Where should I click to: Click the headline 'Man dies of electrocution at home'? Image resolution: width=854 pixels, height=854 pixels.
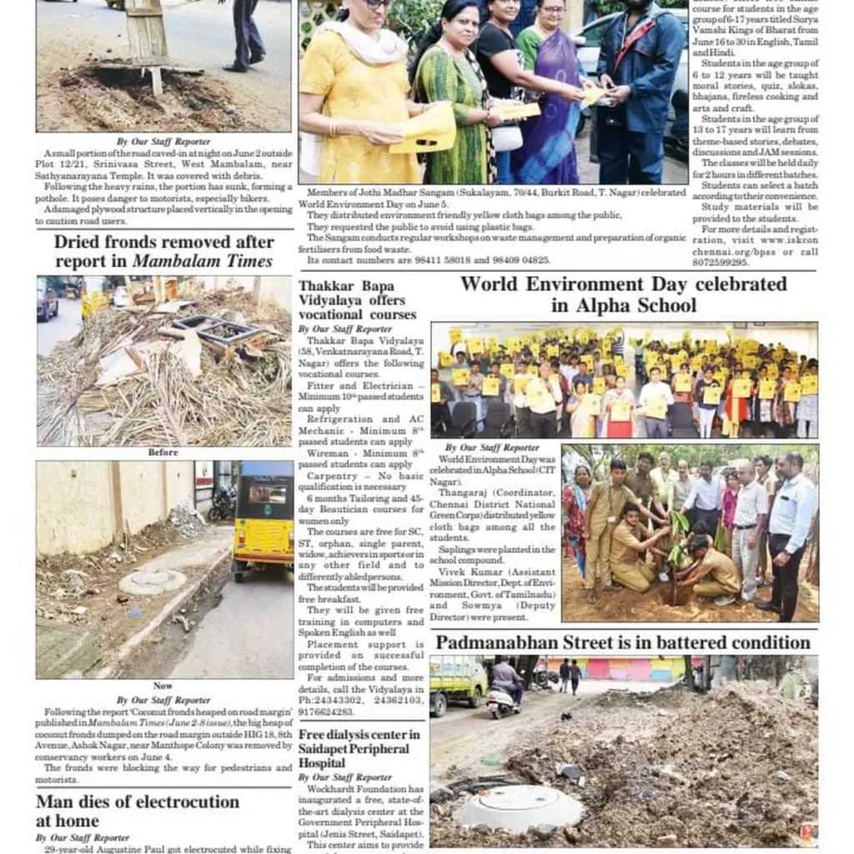coord(138,811)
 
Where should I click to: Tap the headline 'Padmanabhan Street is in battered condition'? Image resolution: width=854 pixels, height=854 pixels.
coord(623,643)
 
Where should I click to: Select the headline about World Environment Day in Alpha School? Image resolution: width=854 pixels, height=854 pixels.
coord(623,294)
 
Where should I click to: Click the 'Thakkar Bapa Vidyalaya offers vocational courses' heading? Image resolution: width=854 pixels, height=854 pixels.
coord(357,300)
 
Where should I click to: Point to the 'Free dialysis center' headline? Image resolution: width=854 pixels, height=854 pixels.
coord(359,748)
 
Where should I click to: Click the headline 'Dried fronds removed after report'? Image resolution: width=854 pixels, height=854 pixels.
coord(164,251)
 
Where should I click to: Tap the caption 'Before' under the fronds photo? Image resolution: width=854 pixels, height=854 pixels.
coord(163,453)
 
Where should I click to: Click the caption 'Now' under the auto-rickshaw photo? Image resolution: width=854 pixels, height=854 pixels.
coord(163,686)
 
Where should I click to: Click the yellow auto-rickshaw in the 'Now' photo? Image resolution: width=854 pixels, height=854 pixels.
coord(263,521)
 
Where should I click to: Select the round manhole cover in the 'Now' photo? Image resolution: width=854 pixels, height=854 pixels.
coord(152,581)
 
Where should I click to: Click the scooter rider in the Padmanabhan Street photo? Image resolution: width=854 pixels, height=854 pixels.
coord(505,684)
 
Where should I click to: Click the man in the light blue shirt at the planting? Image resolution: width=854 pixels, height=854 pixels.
coord(791,525)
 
